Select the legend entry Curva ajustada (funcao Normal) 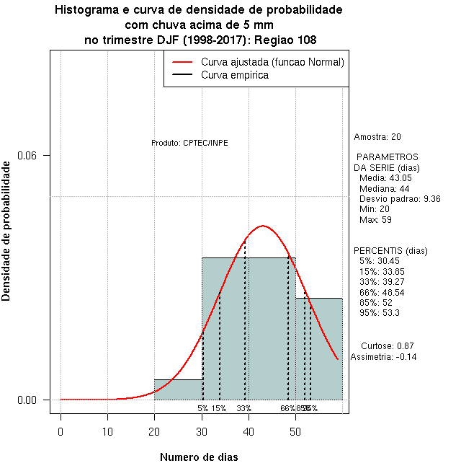(272, 62)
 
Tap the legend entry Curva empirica (235, 74)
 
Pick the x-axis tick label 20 (155, 431)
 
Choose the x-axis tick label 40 (249, 431)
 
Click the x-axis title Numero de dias (198, 457)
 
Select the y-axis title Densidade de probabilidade (6, 231)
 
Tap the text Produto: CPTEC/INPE (189, 143)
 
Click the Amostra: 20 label (377, 136)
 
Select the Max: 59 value (375, 219)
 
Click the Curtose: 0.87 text (387, 345)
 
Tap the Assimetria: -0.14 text (383, 356)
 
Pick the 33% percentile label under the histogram (243, 408)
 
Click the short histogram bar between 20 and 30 (178, 389)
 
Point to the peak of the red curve (263, 226)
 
